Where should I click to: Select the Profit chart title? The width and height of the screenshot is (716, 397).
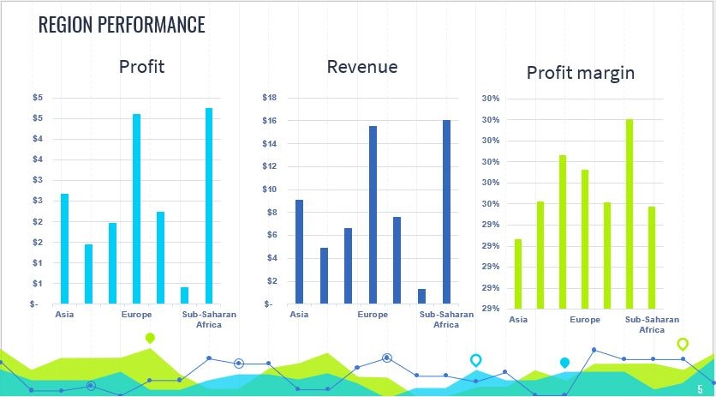click(141, 67)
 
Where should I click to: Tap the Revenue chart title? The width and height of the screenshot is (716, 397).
click(362, 67)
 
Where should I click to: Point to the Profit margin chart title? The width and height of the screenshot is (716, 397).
click(581, 73)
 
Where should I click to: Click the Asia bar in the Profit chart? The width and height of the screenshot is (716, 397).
click(64, 249)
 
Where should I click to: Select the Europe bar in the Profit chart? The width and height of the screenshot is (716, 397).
click(136, 209)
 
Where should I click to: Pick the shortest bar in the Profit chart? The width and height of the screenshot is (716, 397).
click(184, 296)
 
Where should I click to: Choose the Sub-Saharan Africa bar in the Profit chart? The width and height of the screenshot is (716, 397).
click(209, 206)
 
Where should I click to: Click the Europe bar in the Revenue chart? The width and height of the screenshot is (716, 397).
click(373, 215)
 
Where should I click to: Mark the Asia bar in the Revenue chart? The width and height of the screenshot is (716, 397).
click(299, 251)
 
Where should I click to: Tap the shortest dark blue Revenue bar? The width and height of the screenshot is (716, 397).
click(421, 297)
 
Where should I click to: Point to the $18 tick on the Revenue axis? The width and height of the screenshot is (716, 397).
click(270, 98)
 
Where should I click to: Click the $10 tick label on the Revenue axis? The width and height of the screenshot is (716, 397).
click(270, 189)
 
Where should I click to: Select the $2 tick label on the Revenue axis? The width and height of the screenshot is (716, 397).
click(271, 281)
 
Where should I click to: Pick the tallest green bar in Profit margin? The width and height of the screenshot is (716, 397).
click(629, 214)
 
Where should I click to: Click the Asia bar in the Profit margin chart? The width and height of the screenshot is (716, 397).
click(518, 274)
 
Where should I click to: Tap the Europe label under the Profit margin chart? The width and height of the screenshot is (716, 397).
click(585, 320)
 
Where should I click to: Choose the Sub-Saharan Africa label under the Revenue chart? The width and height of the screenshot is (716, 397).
click(446, 320)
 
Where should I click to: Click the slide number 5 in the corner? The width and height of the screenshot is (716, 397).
click(700, 389)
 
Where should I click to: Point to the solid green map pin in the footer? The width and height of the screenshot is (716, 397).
click(150, 338)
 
